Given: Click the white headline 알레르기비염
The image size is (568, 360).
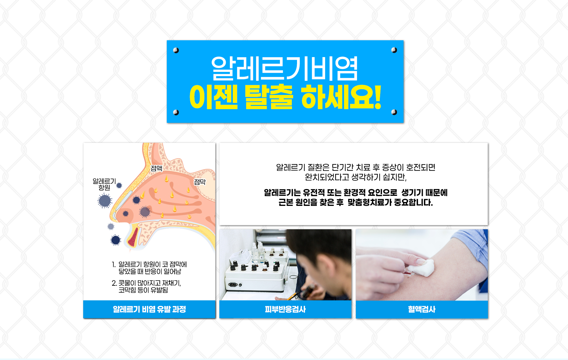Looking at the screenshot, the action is [284, 69].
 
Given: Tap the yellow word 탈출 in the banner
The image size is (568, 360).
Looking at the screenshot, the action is [269, 97].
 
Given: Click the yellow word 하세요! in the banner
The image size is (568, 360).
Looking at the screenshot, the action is [341, 97].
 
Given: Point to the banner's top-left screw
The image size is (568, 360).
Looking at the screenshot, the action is [176, 50].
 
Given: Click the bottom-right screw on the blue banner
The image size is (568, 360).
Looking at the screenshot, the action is [394, 112].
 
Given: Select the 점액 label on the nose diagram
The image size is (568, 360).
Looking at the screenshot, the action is [156, 168].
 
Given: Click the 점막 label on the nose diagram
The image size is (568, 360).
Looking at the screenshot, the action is [200, 182].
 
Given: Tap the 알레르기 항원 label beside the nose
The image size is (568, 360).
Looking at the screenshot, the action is [104, 184].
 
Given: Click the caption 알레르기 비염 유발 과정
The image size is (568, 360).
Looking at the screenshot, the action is [149, 309].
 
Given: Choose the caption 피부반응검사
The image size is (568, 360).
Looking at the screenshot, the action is [285, 309].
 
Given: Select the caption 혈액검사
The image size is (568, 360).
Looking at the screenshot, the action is [422, 309].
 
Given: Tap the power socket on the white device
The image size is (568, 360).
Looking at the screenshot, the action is [233, 285].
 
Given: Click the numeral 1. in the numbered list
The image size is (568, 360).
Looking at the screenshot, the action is [114, 264].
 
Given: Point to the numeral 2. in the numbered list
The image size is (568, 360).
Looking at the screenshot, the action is [114, 283].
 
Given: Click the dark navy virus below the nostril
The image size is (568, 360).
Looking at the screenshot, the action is [116, 240].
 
